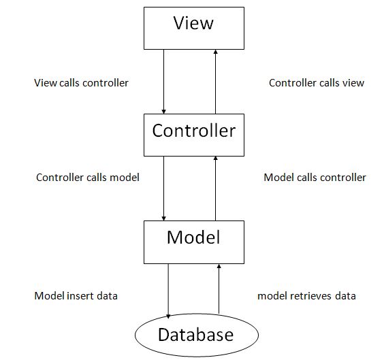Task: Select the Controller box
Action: (x=193, y=133)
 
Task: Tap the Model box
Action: (x=193, y=242)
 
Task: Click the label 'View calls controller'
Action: (x=81, y=83)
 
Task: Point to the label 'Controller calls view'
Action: (x=317, y=83)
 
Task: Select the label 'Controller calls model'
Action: (x=87, y=177)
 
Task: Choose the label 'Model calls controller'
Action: (x=315, y=177)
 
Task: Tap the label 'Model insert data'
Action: (x=76, y=296)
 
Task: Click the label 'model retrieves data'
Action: (x=306, y=296)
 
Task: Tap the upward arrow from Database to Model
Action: (x=219, y=289)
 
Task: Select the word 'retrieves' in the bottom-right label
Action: (x=310, y=296)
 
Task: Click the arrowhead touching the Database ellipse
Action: (x=169, y=314)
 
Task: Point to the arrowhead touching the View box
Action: (x=216, y=52)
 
